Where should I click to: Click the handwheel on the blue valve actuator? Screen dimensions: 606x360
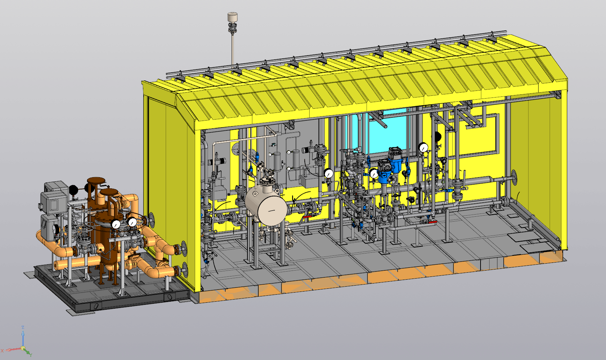click(x=392, y=180)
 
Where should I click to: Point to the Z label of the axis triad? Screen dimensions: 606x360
click(x=23, y=327)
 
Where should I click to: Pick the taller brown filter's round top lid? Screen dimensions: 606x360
click(x=96, y=180)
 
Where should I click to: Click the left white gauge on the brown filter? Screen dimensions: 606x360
click(x=116, y=224)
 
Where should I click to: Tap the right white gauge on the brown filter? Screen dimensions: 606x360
click(x=132, y=222)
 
